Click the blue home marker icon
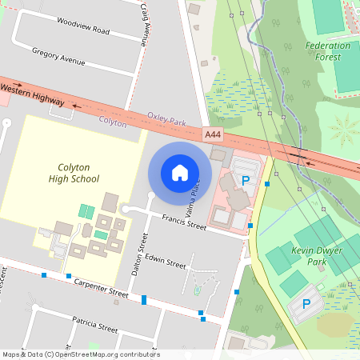pos(180,173)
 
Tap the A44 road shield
pos(213,135)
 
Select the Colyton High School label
pos(79,174)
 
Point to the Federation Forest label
pos(328,51)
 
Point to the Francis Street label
pos(184,222)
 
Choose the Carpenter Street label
pos(101,288)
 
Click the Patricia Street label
pos(94,324)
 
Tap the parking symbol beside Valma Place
pos(246,181)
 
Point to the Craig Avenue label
pos(145,22)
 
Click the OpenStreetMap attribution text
pos(80,354)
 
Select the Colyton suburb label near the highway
pos(113,123)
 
